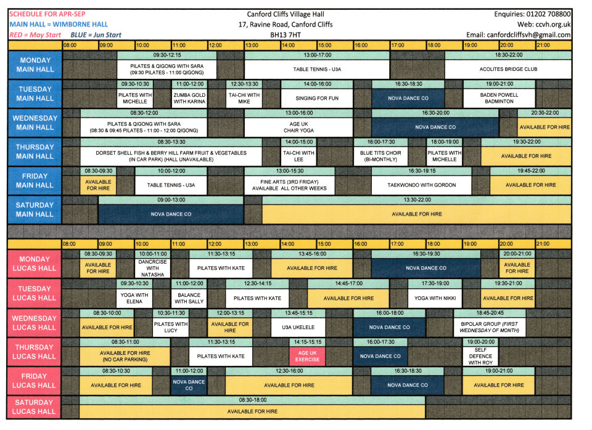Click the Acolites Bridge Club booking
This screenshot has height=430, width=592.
point(508,69)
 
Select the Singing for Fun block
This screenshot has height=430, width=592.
point(317,98)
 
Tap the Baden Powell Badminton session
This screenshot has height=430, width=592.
point(499,98)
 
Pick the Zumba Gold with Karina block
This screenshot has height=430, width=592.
point(189,98)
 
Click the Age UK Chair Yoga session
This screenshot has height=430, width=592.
point(298,127)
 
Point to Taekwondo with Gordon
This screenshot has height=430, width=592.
point(421,185)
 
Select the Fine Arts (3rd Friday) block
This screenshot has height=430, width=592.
point(289,185)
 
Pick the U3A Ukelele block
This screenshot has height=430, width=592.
point(298,327)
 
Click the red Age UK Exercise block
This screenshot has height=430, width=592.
point(307,356)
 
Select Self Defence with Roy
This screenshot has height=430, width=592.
point(480,356)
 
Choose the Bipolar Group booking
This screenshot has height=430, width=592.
point(490,327)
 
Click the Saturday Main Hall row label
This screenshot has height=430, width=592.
point(35,210)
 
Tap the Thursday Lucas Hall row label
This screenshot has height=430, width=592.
point(35,352)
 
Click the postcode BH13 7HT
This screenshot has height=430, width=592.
point(285,35)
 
